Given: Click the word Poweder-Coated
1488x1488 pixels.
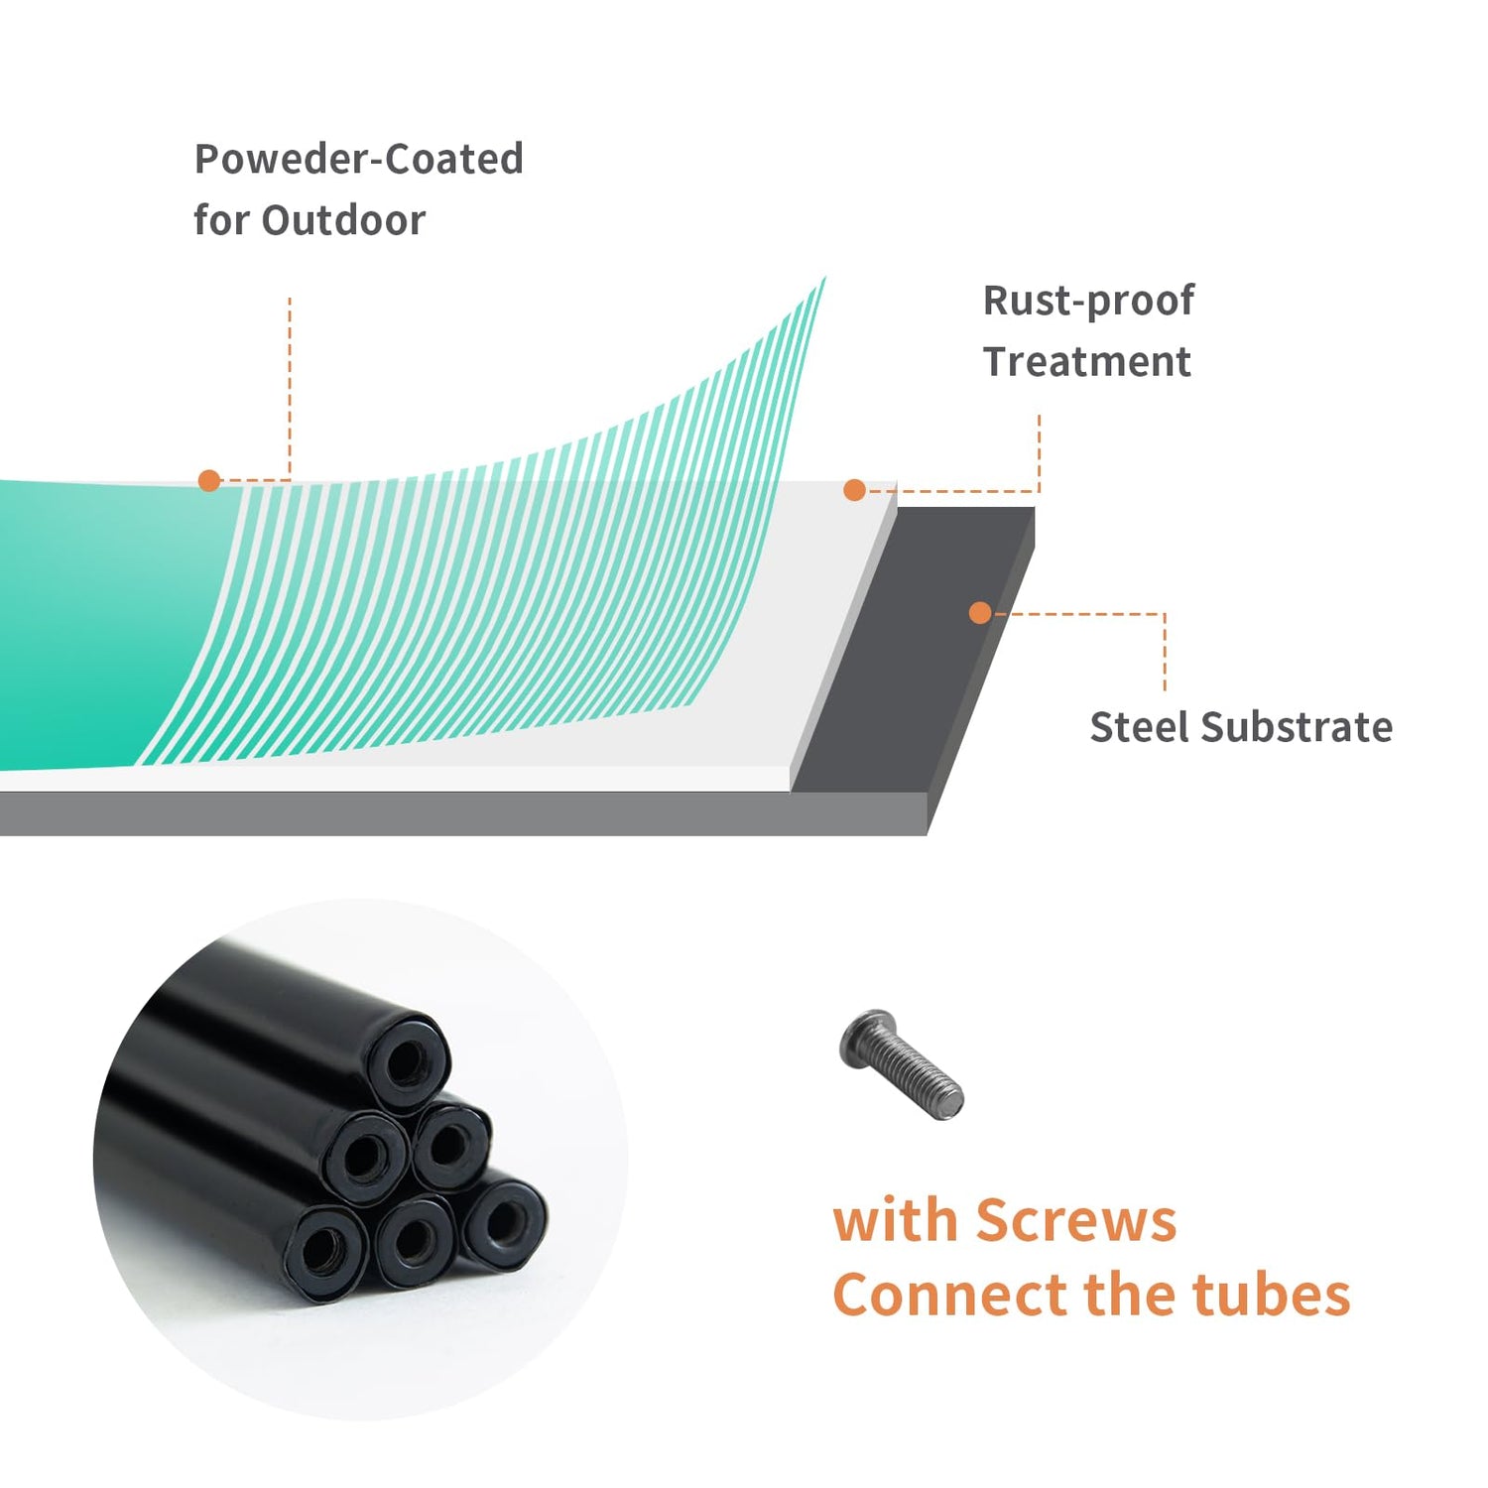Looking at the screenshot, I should point(358,159).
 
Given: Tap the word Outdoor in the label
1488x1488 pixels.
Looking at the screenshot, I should point(343,220).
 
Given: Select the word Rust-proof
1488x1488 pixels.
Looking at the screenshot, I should point(1088,301).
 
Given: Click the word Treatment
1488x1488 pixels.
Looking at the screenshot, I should point(1086,362).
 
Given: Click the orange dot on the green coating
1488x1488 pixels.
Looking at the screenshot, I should point(208,481).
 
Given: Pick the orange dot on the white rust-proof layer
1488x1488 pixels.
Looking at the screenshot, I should point(854,490).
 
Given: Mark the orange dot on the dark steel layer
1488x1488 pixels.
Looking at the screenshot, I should point(980,613).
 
